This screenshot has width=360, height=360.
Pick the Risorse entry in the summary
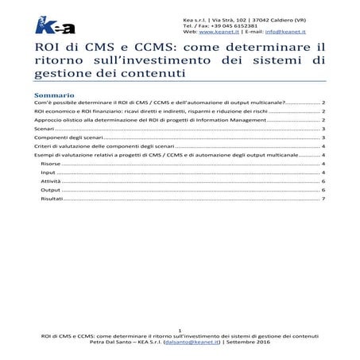[50, 162]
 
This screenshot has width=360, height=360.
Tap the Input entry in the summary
[48, 172]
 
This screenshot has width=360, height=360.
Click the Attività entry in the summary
[50, 181]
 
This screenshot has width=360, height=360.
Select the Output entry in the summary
[50, 191]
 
